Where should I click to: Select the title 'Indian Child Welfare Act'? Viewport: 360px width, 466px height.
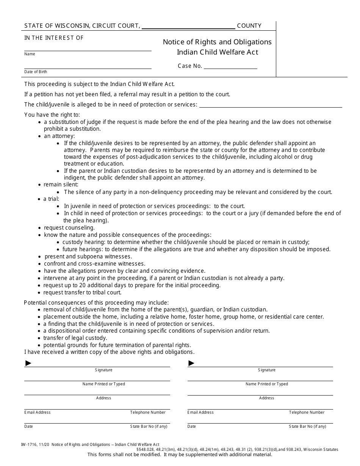[217, 52]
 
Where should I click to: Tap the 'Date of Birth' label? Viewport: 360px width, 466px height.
[36, 72]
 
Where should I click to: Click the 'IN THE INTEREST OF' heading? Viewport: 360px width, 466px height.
[54, 38]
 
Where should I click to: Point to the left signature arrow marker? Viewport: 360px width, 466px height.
[28, 363]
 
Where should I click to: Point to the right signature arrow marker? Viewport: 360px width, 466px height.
[191, 363]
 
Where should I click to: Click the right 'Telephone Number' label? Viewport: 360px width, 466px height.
[307, 412]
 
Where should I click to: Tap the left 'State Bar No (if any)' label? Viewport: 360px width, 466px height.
[149, 426]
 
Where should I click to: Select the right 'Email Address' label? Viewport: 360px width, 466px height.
[200, 412]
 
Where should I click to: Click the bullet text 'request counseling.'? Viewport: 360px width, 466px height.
[69, 228]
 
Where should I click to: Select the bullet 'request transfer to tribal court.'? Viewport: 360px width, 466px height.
[82, 292]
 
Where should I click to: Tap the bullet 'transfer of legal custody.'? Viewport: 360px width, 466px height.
[75, 338]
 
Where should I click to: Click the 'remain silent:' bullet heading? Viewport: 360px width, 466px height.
[61, 185]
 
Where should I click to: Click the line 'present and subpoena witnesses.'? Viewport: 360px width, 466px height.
[88, 256]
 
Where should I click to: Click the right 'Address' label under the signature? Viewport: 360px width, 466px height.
[266, 398]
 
